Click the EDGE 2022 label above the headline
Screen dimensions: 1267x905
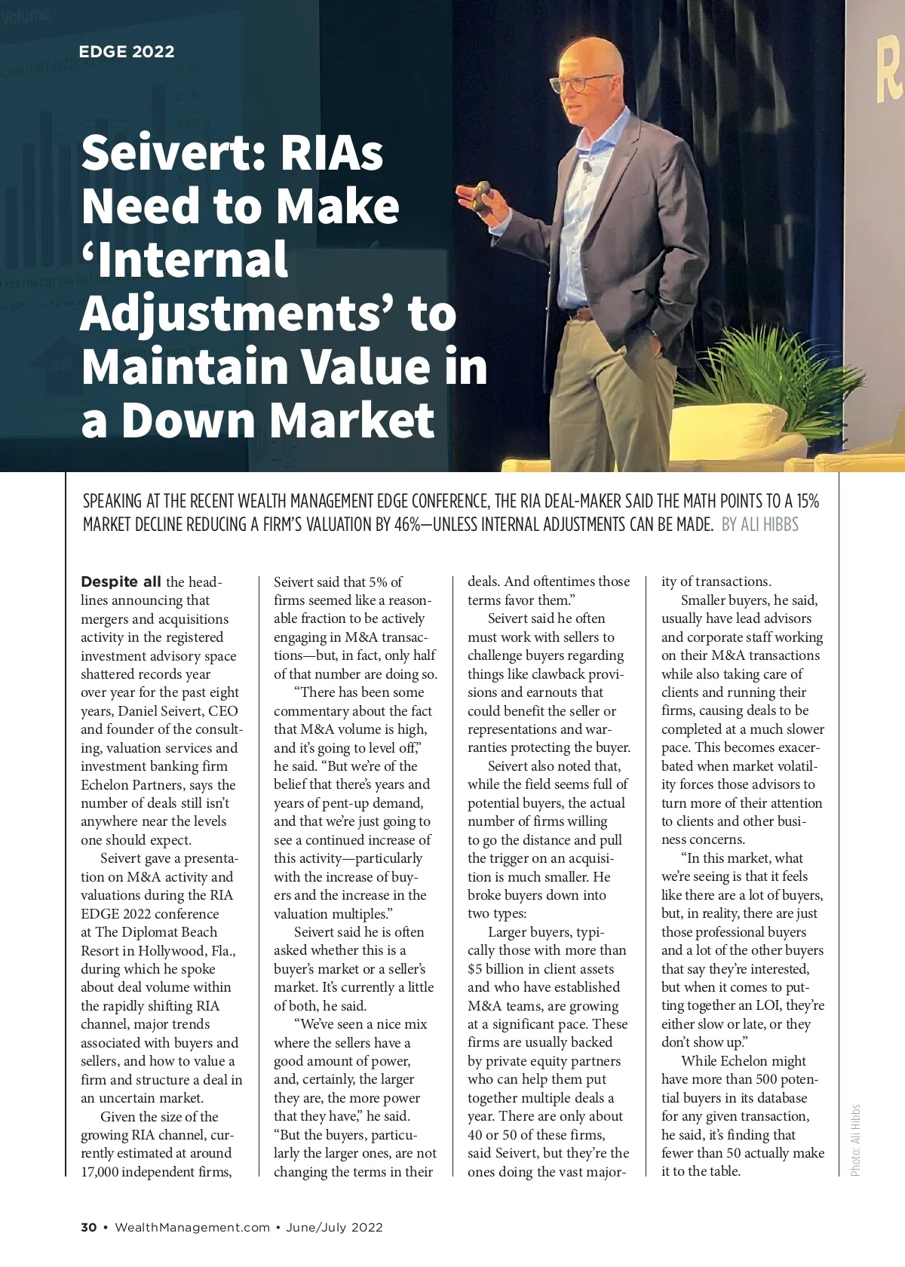point(127,52)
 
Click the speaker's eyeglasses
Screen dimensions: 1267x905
point(581,83)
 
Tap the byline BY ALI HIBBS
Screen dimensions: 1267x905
point(759,525)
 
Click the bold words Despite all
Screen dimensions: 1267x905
point(121,582)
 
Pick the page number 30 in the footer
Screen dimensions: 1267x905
point(89,1227)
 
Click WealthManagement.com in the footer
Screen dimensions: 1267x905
point(192,1227)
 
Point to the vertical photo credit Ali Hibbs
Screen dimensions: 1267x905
point(855,1140)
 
